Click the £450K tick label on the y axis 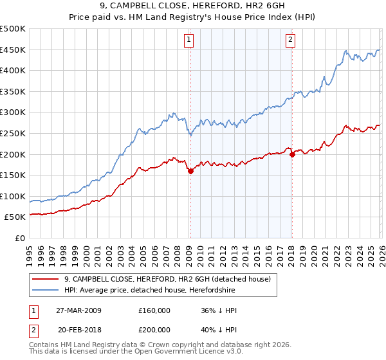[13, 50]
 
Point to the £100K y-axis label [13, 196]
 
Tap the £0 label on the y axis [19, 238]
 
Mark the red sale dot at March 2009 [190, 171]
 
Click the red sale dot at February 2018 [292, 154]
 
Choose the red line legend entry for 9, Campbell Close [170, 278]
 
